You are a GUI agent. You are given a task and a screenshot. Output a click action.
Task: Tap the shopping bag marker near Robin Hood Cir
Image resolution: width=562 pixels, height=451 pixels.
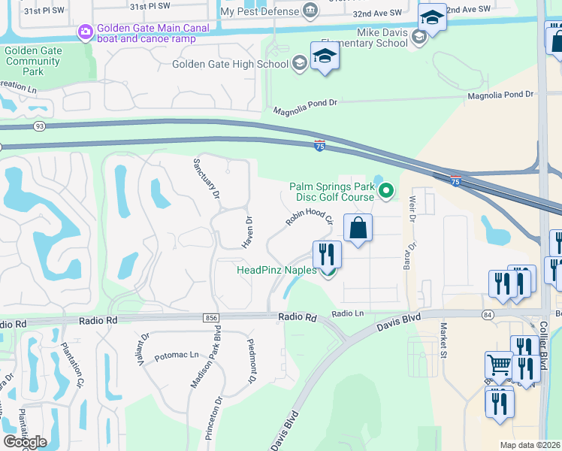pos(358,228)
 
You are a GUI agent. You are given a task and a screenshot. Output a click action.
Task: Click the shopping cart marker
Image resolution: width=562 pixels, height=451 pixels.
pos(499,366)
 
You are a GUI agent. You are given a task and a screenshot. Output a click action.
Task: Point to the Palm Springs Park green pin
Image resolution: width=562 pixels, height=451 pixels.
pos(386,191)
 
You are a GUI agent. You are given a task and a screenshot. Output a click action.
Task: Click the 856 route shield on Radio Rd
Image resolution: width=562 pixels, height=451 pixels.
pos(211,319)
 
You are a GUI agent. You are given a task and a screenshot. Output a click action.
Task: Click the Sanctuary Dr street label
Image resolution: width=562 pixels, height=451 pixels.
pos(205,179)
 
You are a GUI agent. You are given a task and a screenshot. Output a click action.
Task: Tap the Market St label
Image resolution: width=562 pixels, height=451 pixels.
pos(444,340)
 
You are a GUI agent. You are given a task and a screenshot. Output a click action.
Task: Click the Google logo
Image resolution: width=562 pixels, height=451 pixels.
pos(25,442)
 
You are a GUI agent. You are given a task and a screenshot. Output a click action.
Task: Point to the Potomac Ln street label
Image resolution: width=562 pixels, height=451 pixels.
pos(177,354)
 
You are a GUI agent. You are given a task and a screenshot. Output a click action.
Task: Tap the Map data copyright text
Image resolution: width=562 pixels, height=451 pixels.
pos(529,445)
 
